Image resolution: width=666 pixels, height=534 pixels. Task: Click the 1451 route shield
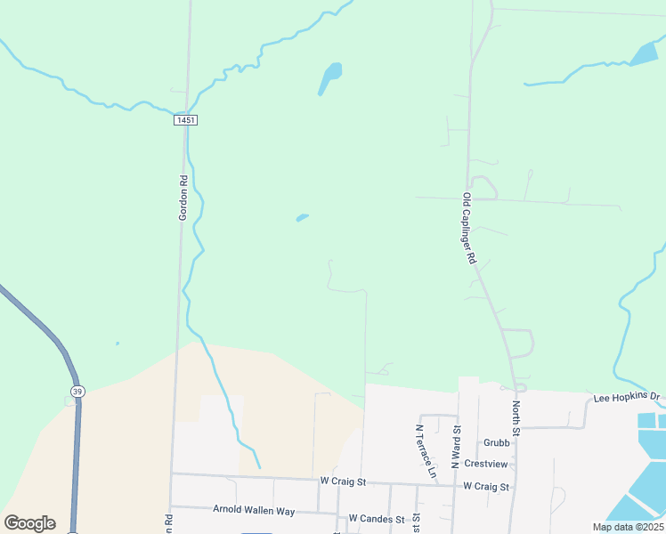pos(185,119)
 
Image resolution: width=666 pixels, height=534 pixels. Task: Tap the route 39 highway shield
pos(77,391)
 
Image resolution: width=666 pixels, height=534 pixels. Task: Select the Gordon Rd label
pos(183,197)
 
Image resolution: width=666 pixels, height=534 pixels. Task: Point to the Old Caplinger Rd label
pos(470,229)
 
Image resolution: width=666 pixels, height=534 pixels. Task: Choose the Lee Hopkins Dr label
pos(628,396)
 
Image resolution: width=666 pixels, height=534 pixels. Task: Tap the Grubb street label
pos(497,442)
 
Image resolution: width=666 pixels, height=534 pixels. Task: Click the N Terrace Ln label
pos(426,449)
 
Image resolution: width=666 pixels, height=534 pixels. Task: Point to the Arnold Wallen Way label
pos(253,511)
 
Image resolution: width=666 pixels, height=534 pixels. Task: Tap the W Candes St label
pos(377,518)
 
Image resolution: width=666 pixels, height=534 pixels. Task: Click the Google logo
pos(29,523)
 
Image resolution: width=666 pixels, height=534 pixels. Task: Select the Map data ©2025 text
pos(627,527)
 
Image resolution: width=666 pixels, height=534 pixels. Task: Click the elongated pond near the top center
pos(329,77)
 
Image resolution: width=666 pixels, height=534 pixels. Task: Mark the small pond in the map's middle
pos(303,217)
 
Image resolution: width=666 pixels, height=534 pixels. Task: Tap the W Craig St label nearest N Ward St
pos(486,487)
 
